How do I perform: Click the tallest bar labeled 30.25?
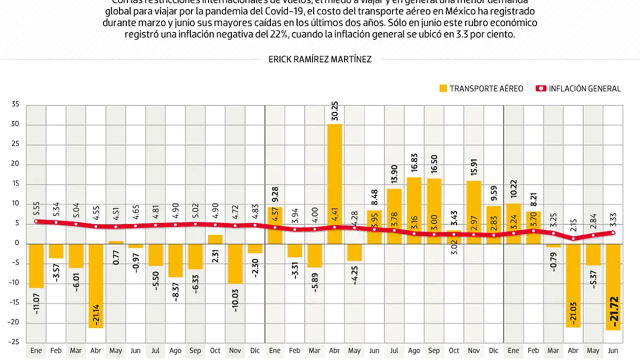[x=335, y=184]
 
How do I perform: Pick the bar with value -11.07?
[x=36, y=266]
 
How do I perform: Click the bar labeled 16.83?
[x=414, y=211]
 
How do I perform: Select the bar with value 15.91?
[x=474, y=212]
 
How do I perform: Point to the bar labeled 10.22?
[x=514, y=223]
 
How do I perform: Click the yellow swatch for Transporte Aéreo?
[x=442, y=89]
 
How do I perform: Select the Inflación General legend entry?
[x=579, y=89]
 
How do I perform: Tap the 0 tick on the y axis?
[x=17, y=243]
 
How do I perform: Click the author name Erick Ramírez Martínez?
[x=320, y=59]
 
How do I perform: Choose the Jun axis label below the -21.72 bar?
[x=613, y=350]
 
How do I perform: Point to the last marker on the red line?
[x=613, y=233]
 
